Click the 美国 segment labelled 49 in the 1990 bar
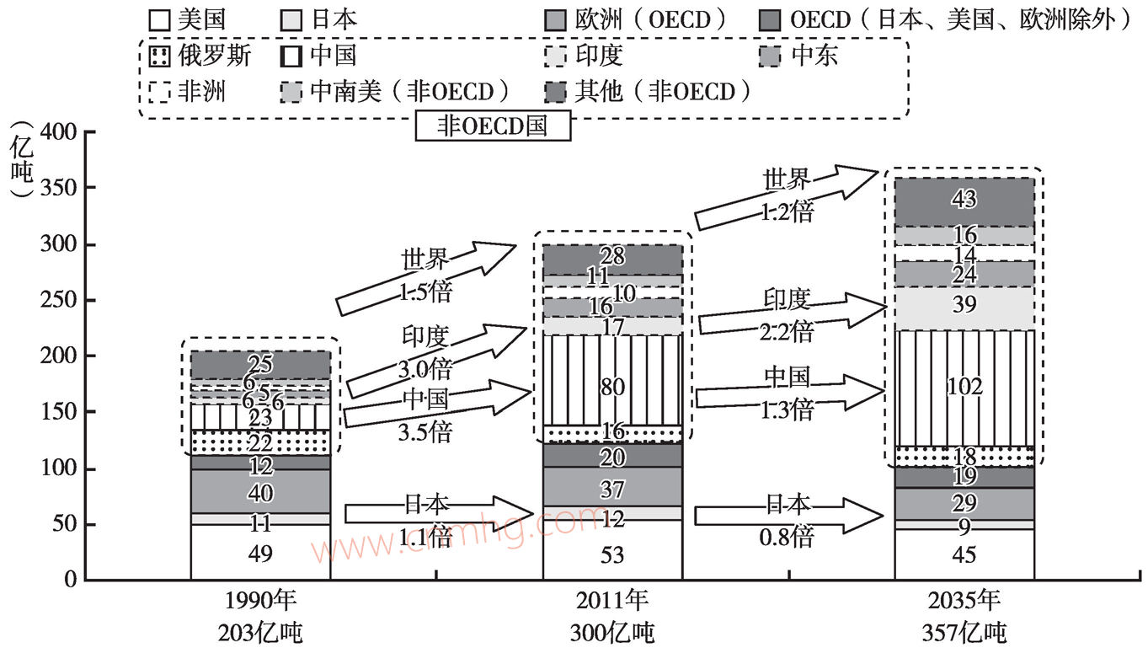click(260, 553)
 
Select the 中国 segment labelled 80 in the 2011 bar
click(612, 388)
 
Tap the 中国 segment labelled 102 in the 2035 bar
click(964, 387)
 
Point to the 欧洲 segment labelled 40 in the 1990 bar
click(260, 492)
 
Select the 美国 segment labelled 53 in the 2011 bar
click(612, 554)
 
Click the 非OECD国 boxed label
click(493, 126)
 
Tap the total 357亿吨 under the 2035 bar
click(964, 631)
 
